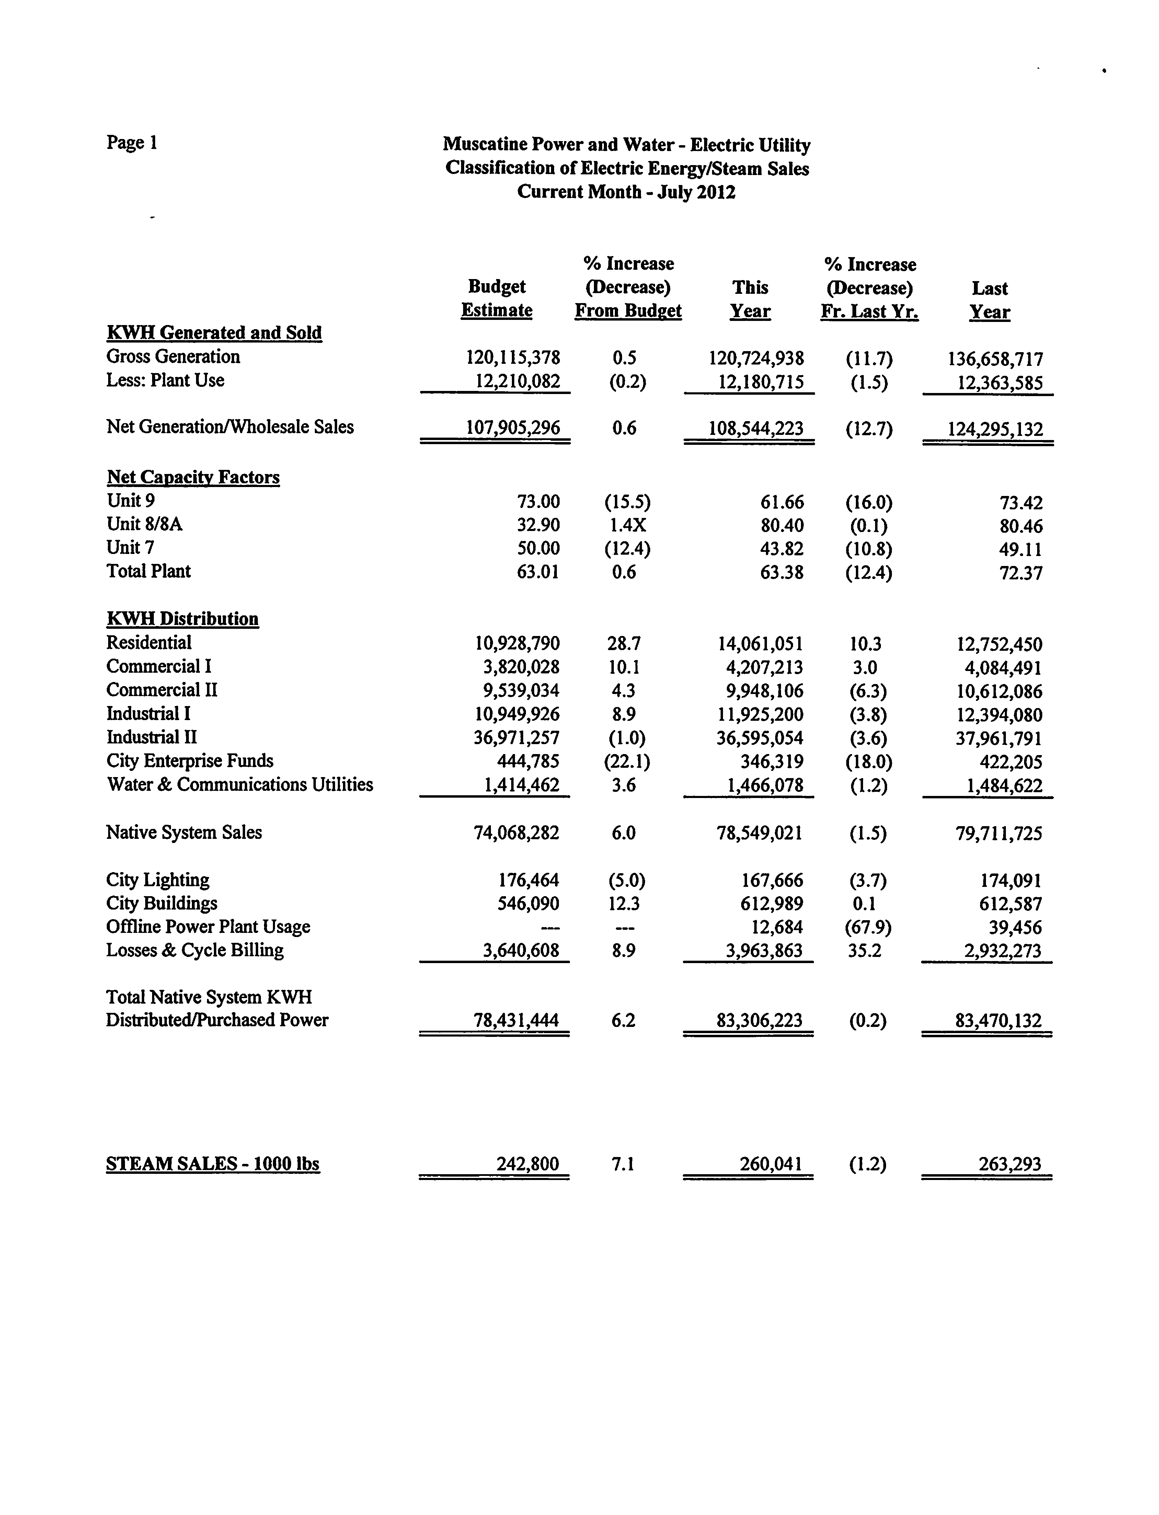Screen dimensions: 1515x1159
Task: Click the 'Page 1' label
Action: [x=132, y=143]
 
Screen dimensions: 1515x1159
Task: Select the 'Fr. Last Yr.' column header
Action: [x=869, y=312]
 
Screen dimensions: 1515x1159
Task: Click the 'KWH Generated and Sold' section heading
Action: [x=214, y=333]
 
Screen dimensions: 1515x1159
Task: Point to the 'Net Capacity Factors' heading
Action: [x=193, y=477]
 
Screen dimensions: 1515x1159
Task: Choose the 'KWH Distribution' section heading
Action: [x=183, y=618]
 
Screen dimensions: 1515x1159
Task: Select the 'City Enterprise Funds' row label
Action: [x=190, y=761]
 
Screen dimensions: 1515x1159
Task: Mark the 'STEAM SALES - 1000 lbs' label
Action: [x=213, y=1164]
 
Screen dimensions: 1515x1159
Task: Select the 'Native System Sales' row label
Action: [x=184, y=832]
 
